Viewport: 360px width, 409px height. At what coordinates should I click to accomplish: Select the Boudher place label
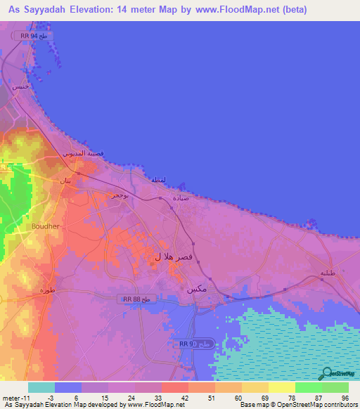46,226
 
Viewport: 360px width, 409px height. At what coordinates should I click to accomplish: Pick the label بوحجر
118,195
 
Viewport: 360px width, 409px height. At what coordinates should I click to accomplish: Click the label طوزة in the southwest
46,290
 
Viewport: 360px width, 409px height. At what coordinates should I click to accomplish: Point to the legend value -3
41,398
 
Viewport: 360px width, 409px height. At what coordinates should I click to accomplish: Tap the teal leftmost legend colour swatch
41,387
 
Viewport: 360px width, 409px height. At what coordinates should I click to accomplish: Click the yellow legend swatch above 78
281,387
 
